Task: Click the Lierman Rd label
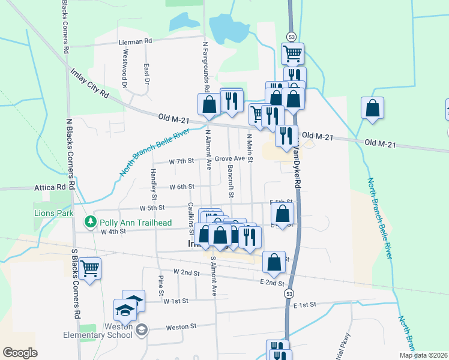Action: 136,41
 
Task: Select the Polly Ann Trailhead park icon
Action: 91,222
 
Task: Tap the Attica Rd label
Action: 50,187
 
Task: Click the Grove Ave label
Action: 231,158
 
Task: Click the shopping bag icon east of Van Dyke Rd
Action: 372,108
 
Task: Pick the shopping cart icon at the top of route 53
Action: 292,53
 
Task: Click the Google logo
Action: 20,353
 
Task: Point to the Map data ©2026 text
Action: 423,355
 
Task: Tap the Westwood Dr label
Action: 126,60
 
